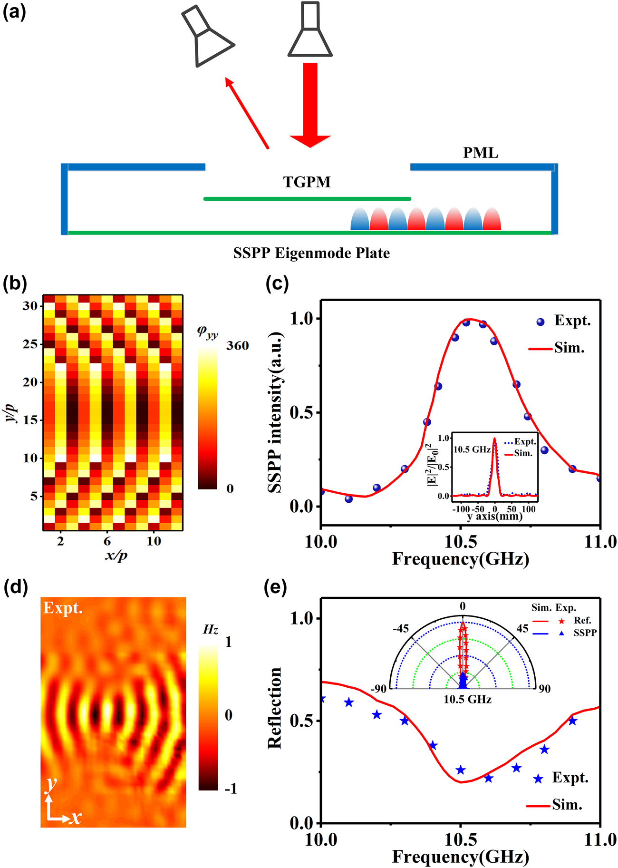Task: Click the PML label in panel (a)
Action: pos(481,153)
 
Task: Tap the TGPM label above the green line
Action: pos(307,182)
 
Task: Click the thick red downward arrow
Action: pos(310,105)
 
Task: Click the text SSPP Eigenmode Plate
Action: pos(311,253)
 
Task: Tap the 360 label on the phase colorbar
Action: pos(237,346)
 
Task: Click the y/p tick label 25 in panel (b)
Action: pos(30,344)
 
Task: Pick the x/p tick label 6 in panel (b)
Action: pos(107,541)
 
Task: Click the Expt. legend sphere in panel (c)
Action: pos(541,322)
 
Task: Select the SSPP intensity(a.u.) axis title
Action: pos(276,413)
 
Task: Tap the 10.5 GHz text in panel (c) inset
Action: pos(472,449)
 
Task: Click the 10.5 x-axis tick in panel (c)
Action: pos(460,542)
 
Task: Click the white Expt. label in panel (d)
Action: pos(63,608)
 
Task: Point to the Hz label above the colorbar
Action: pos(210,630)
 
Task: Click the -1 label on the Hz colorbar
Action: pos(231,789)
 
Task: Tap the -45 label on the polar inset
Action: pos(400,629)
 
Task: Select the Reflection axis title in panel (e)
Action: pos(275,708)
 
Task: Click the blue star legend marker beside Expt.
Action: pos(538,779)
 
